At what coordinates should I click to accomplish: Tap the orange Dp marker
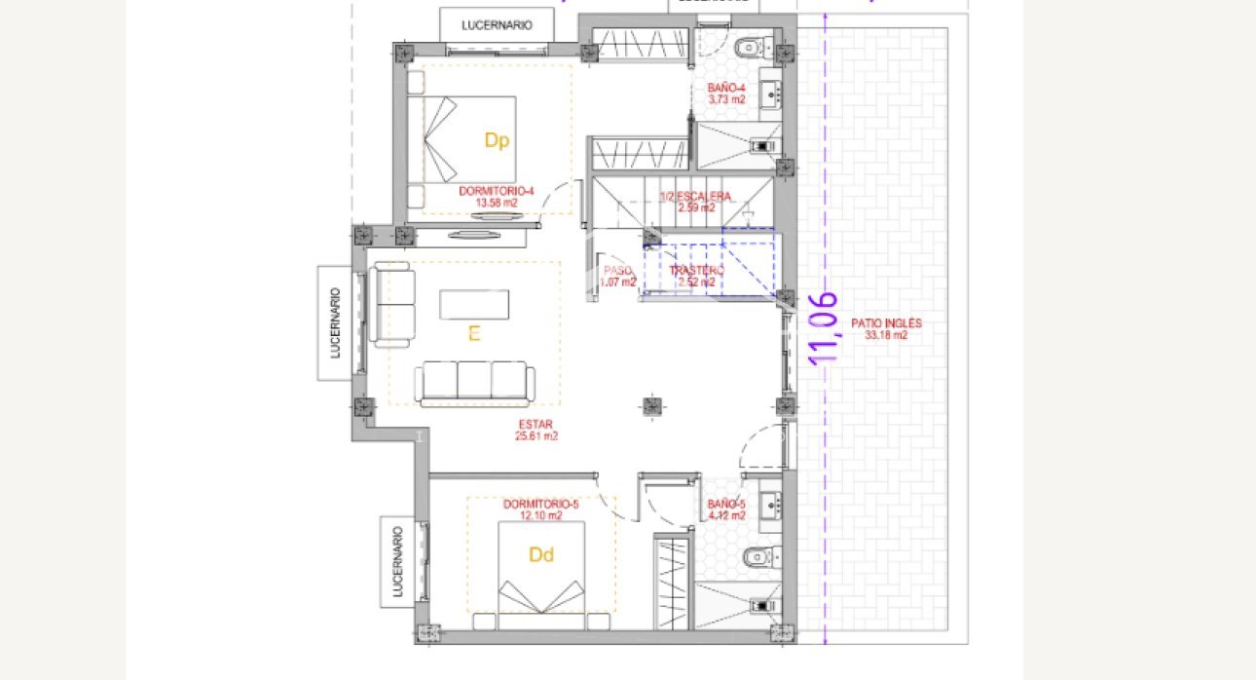click(497, 140)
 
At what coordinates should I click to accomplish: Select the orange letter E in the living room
click(474, 334)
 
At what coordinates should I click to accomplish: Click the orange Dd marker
click(541, 555)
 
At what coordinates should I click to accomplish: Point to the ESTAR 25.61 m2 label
click(535, 430)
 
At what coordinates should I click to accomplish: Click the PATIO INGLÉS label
click(885, 328)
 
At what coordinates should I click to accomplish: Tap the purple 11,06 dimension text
click(824, 327)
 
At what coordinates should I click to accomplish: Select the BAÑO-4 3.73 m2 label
click(726, 94)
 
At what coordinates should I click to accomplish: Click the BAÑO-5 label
click(726, 510)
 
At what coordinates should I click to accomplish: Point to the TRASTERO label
click(696, 276)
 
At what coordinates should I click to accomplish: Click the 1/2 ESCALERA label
click(695, 202)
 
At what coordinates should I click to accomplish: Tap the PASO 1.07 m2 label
click(619, 277)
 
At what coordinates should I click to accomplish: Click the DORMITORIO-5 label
click(541, 510)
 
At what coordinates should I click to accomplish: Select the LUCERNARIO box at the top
click(497, 25)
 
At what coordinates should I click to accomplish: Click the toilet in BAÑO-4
click(751, 46)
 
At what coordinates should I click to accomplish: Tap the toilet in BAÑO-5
click(755, 557)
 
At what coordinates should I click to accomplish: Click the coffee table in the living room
click(474, 304)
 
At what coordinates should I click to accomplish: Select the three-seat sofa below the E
click(474, 383)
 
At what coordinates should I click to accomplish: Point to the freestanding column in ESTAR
click(650, 405)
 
